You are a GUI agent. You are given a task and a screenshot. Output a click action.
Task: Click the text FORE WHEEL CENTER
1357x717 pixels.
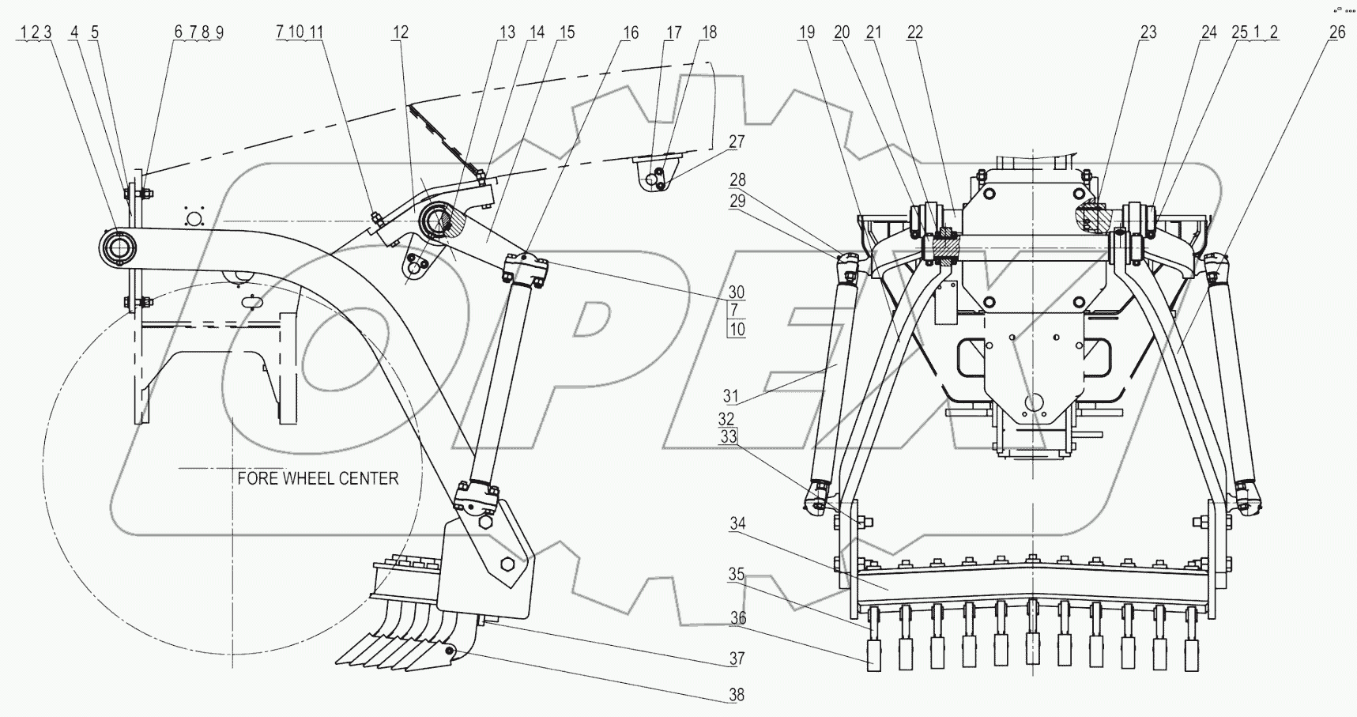click(318, 478)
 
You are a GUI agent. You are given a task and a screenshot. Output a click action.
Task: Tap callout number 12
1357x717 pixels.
click(400, 32)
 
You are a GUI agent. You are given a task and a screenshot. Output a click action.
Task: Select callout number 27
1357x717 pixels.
click(737, 142)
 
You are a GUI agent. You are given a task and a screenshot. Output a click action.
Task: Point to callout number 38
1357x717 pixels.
click(737, 695)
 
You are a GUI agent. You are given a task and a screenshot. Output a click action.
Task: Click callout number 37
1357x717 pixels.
click(737, 658)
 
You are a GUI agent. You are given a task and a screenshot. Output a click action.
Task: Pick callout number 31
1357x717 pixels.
click(730, 396)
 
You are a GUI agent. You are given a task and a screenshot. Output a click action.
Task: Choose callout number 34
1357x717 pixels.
click(737, 523)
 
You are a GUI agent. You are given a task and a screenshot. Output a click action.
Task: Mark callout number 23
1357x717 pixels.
click(1148, 32)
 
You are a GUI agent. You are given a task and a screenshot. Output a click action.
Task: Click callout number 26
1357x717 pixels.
click(1336, 32)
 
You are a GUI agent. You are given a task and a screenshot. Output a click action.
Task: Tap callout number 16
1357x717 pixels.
click(630, 32)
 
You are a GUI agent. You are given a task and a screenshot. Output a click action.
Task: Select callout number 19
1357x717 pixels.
click(806, 32)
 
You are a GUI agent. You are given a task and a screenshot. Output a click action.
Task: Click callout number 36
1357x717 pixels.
click(737, 617)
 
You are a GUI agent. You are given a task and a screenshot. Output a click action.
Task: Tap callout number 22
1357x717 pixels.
click(914, 32)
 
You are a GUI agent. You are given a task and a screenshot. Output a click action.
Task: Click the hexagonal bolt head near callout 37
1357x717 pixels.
click(508, 564)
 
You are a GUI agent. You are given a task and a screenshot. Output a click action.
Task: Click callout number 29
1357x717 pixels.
click(737, 201)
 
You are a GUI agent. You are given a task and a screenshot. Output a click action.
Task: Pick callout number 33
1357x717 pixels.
click(728, 436)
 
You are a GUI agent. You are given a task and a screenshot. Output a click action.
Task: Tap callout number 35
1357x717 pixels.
click(737, 575)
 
